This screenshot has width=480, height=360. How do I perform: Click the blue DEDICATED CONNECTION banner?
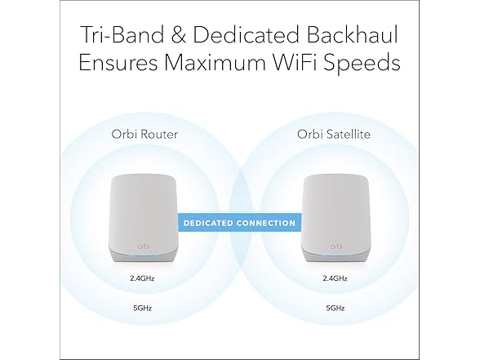(239, 222)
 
